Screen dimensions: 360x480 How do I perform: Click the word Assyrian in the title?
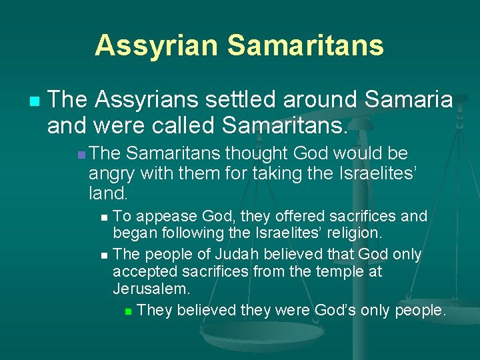[x=157, y=45]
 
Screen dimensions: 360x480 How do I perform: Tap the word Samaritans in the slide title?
[x=305, y=45]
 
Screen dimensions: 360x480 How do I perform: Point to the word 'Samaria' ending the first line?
[x=409, y=100]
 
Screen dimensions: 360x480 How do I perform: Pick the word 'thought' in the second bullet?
[x=251, y=155]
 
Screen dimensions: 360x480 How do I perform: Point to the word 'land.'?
[x=107, y=193]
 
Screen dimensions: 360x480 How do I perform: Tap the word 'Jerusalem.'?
[x=151, y=290]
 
